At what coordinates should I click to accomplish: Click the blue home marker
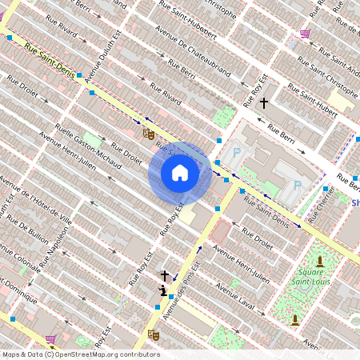coord(180,173)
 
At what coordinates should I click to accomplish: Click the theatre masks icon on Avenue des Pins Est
coord(153,334)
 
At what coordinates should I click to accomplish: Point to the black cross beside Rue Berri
coord(263,102)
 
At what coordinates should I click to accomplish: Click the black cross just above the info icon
coord(165,275)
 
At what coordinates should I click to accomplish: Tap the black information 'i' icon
coord(163,290)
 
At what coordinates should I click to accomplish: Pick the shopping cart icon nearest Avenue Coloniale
coord(51,338)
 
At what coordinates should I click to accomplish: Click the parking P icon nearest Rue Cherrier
coord(298,186)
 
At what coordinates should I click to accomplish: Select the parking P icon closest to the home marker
coord(236,152)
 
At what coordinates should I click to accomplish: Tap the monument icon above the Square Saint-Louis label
coord(320,261)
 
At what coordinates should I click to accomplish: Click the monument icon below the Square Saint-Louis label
coord(294,320)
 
